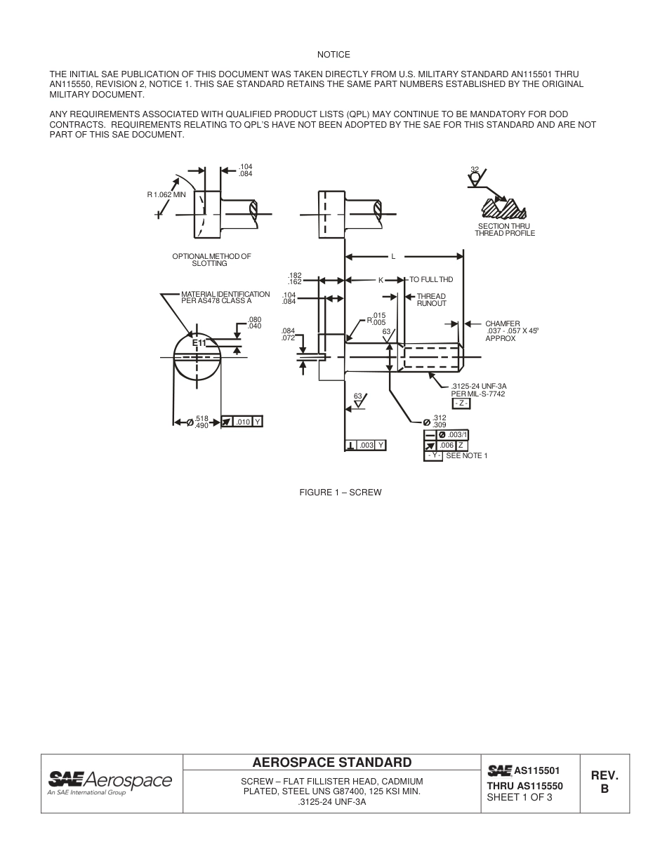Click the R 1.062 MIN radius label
click(x=166, y=194)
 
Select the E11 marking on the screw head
click(x=199, y=342)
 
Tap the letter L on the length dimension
click(x=393, y=256)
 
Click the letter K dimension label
click(x=381, y=280)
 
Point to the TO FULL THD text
click(x=431, y=280)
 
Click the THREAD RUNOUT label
click(x=431, y=300)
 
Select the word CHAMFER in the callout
click(x=503, y=323)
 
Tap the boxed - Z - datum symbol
click(x=461, y=403)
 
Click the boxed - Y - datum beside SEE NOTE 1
click(x=433, y=456)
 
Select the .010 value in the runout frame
click(x=242, y=422)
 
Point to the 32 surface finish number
click(x=475, y=169)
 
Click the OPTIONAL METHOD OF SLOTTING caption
click(x=211, y=260)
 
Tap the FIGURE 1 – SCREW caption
click(x=341, y=493)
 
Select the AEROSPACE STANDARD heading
click(x=331, y=762)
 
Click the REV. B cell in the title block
click(x=604, y=782)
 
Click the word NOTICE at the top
click(x=333, y=54)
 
